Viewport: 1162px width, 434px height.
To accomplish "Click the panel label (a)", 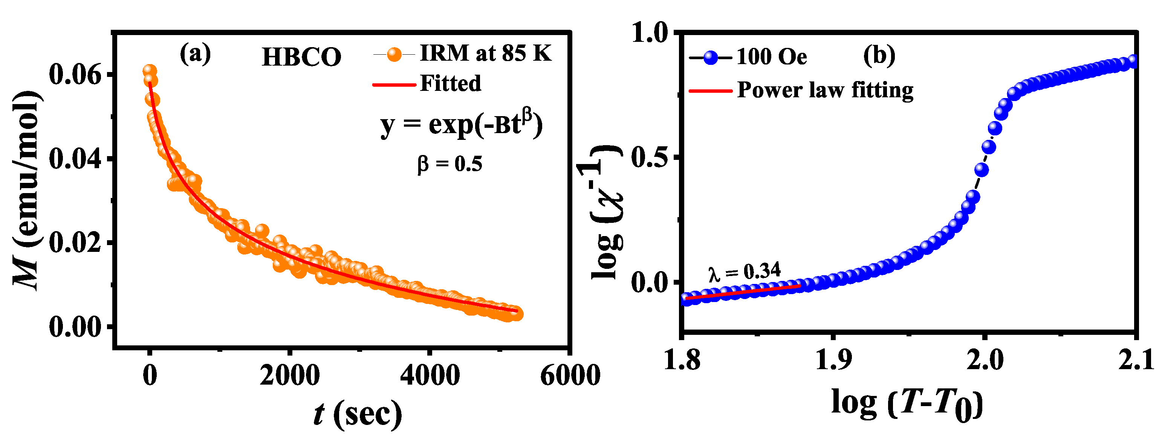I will [195, 54].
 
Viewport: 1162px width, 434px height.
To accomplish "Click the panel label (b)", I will [879, 56].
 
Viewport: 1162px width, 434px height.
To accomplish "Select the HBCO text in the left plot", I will [301, 57].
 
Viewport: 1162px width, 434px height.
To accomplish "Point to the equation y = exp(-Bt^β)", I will [461, 124].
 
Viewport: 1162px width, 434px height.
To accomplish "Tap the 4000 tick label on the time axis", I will [430, 375].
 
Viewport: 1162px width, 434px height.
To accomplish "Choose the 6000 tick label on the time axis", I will [570, 375].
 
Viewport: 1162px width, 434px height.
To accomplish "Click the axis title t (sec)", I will [357, 413].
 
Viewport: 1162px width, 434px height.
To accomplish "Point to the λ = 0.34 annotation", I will [744, 271].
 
